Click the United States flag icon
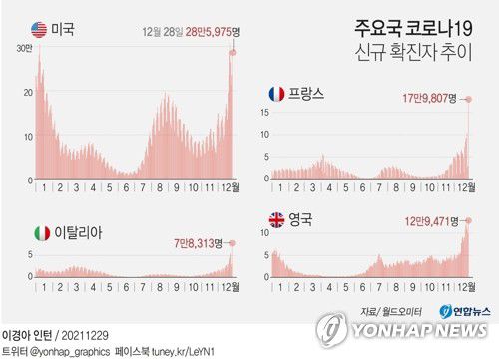(40, 28)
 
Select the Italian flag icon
(42, 232)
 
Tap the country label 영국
(302, 218)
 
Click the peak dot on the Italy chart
(232, 243)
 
